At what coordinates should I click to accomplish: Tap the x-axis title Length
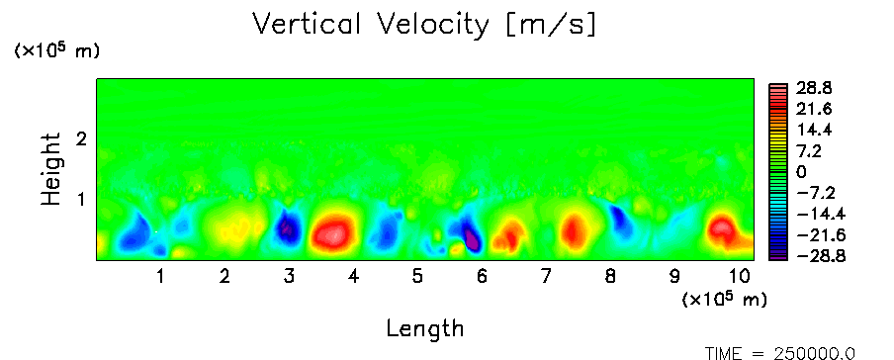coord(425,328)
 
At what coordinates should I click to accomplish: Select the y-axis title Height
coord(51,169)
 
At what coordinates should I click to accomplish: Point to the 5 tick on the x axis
coord(417,277)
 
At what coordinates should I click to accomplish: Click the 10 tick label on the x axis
coord(740,277)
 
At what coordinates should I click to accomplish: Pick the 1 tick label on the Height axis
coord(81,199)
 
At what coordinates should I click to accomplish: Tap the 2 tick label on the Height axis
coord(81,138)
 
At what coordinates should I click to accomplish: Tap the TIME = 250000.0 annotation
coord(780,353)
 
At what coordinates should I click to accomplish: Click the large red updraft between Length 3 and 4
coord(332,232)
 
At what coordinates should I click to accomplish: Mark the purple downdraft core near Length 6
coord(472,239)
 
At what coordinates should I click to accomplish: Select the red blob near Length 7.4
coord(573,230)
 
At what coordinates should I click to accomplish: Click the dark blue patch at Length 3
coord(288,228)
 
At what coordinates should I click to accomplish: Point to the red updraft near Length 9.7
coord(722,229)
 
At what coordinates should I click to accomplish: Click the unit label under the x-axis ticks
coord(724,299)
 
